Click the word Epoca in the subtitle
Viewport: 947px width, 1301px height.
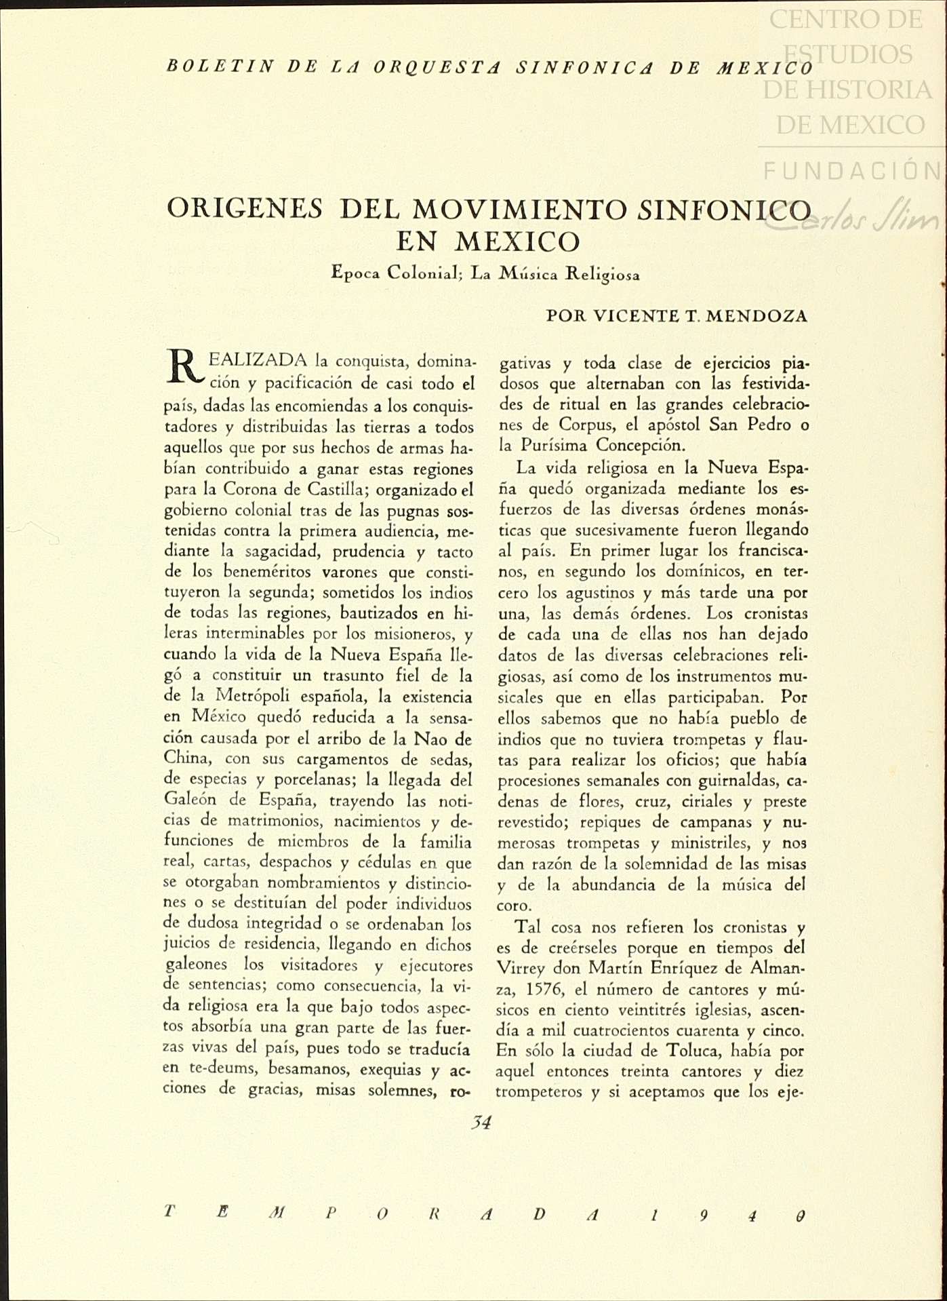point(354,274)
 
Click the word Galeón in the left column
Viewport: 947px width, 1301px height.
point(190,801)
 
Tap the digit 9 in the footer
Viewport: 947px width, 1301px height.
point(704,1214)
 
